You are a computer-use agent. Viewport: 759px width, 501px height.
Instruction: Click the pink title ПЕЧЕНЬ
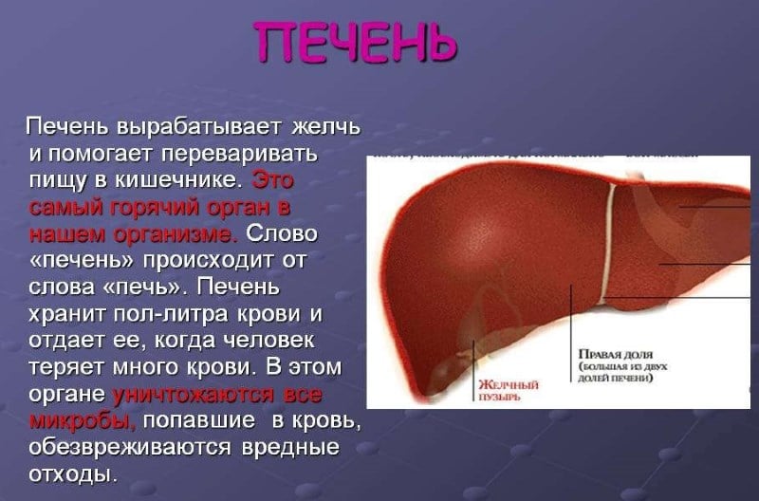[x=356, y=43]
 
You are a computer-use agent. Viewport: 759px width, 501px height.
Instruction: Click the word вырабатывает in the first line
[x=196, y=126]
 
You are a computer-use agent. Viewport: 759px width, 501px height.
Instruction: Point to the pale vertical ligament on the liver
[x=609, y=237]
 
